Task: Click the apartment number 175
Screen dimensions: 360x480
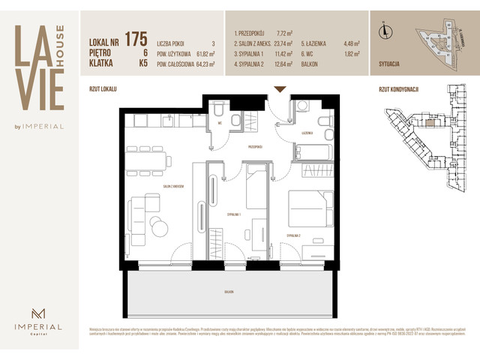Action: (136, 38)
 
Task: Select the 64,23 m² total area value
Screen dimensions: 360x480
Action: (202, 64)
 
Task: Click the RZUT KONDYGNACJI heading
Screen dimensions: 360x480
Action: (398, 88)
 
